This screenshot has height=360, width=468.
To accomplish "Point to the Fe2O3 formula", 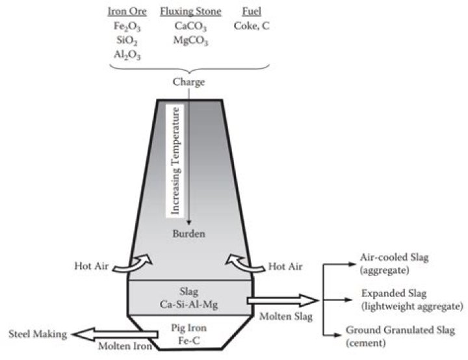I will click(x=128, y=27).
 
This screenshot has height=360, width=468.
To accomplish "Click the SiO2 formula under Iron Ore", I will click(x=128, y=41).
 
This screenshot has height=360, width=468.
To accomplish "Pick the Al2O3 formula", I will click(x=128, y=55).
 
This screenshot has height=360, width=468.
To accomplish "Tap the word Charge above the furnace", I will click(x=188, y=83).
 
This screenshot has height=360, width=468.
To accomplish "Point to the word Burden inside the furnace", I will click(x=189, y=232).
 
